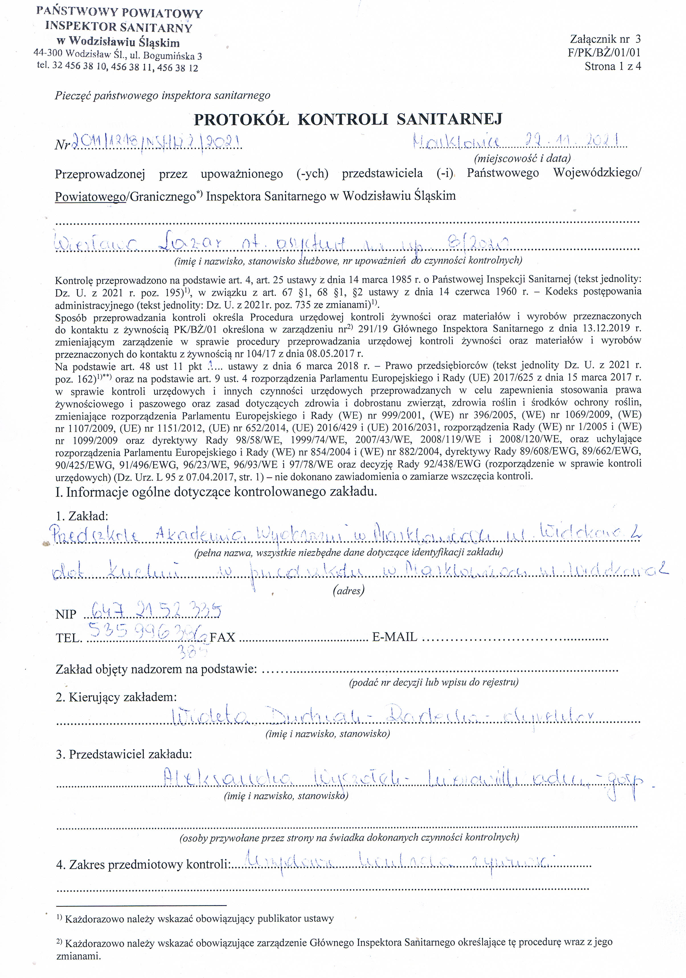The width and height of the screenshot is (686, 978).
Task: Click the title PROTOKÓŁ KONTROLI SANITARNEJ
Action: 348,119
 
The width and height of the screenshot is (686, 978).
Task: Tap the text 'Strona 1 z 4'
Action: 612,66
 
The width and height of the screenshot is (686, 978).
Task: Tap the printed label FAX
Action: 222,637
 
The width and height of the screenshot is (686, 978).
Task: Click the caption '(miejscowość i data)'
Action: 522,159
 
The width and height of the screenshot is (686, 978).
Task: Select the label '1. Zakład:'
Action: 82,516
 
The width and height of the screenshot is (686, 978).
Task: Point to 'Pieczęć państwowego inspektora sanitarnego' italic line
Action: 162,95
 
